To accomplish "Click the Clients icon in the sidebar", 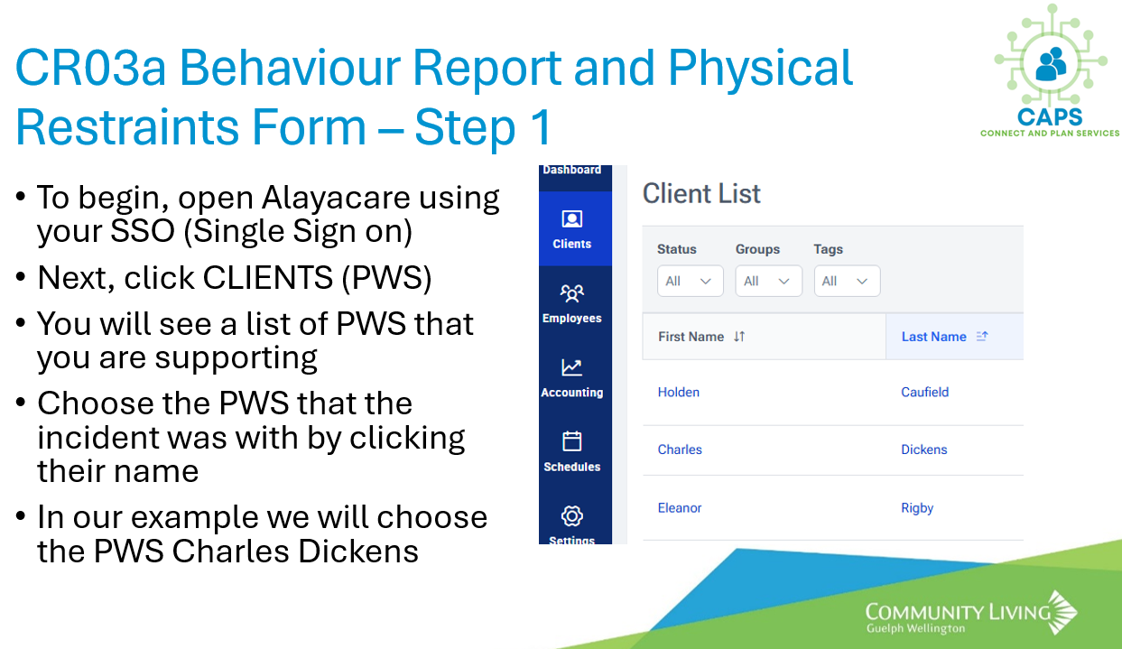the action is pos(571,218).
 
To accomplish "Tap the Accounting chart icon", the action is pos(571,367).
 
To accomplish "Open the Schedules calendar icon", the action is pos(571,441).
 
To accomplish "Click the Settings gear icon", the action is pos(571,515).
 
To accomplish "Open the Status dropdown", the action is pos(690,281).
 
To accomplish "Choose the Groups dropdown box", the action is pos(768,281).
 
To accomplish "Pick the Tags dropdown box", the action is pos(847,281).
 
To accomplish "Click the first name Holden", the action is pos(678,392).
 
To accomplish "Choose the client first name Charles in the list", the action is pos(680,450).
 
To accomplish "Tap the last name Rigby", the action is pos(917,508).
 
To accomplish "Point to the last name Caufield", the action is pos(924,392).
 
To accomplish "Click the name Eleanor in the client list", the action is pos(679,508).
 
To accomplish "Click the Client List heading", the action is pos(701,193).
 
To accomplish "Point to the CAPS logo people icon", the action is pos(1051,63).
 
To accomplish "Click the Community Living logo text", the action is pos(958,617).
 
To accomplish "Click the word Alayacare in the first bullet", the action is pos(335,198).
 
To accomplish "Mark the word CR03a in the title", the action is pos(90,68).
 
